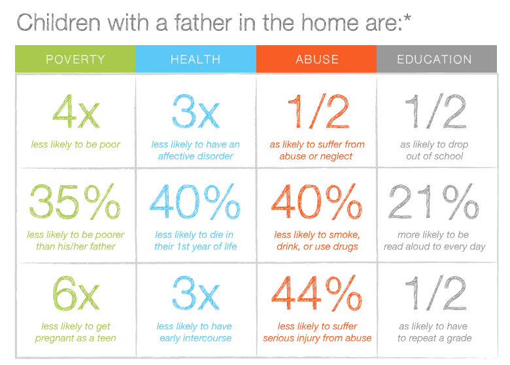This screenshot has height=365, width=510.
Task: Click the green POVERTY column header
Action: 75,60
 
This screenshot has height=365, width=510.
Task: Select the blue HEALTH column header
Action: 195,60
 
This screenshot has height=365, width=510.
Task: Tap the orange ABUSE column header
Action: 316,60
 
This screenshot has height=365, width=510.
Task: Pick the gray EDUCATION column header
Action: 434,60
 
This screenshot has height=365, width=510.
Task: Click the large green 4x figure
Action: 75,113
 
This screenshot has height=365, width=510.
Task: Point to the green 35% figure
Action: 75,203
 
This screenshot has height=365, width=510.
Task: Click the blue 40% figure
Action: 195,203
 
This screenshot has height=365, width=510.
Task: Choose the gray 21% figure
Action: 434,203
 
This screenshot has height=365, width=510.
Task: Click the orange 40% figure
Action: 317,203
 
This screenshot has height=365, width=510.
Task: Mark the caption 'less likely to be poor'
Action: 75,145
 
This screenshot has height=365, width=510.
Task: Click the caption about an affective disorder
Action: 195,150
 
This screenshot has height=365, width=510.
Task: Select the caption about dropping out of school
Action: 434,150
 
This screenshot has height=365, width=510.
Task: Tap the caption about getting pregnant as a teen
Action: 75,332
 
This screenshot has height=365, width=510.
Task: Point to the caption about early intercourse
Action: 195,332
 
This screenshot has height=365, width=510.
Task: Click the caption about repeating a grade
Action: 434,332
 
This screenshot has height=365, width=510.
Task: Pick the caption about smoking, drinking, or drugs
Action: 317,241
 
